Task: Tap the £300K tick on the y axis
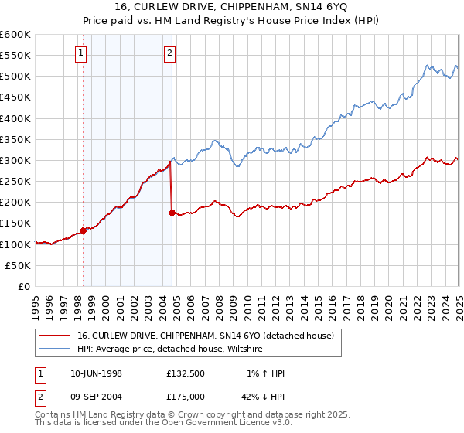tap(15, 161)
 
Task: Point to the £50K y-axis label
tap(18, 265)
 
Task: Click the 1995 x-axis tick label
tap(36, 302)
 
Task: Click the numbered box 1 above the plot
tap(82, 53)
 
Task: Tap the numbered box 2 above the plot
tap(169, 53)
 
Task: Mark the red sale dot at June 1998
tap(83, 230)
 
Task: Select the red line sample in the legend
tap(56, 336)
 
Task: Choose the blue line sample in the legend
tap(56, 349)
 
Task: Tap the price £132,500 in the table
tap(186, 373)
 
